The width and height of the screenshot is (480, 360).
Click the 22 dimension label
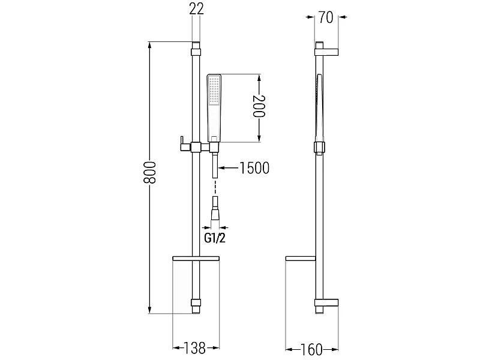point(196,9)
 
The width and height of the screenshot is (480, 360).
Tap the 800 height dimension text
point(149,172)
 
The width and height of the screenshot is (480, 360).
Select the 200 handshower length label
point(259,106)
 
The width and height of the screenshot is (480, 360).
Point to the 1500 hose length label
point(254,168)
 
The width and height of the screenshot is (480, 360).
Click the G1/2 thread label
point(215,238)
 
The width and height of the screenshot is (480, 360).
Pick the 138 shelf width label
point(194,348)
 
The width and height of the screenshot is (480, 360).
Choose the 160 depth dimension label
point(311,349)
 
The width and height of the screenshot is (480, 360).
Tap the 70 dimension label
point(326,17)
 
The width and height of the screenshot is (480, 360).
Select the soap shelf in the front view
point(196,259)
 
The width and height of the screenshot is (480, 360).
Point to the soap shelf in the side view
point(301,259)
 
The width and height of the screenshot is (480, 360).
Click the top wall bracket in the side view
point(326,52)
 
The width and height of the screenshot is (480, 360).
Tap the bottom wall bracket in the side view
point(326,303)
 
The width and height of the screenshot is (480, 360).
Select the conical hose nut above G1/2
point(215,212)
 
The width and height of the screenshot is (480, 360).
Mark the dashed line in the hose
point(215,187)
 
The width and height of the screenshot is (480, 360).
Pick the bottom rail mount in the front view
point(196,303)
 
